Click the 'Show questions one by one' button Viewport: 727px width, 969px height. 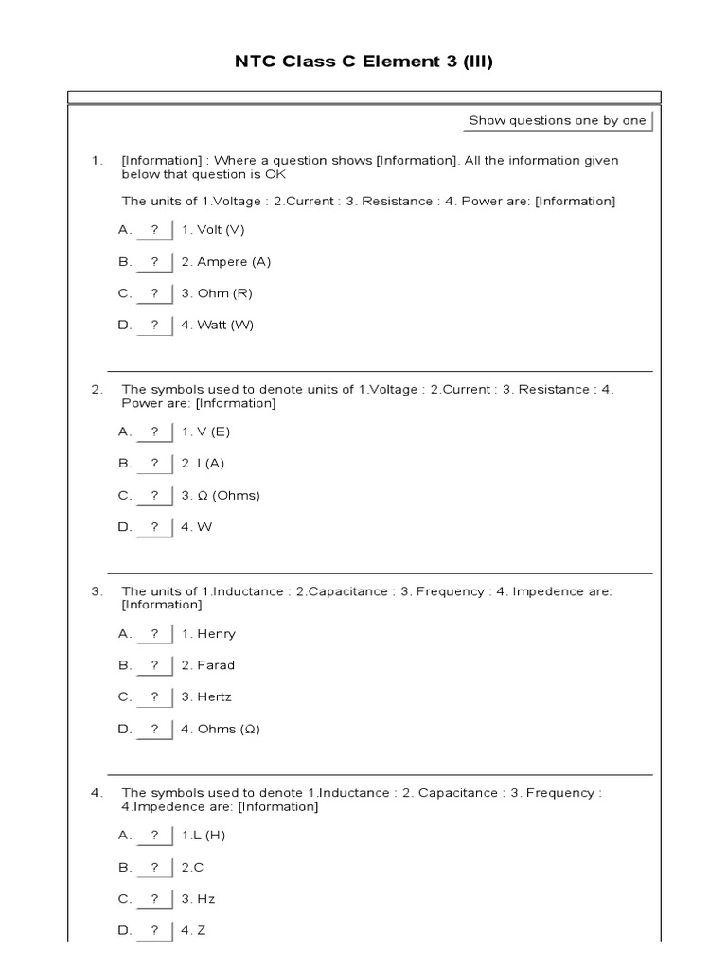(558, 120)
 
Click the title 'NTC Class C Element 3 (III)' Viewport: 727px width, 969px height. (363, 62)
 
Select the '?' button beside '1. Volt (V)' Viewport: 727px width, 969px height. (154, 230)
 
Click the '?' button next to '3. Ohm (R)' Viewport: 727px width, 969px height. (154, 293)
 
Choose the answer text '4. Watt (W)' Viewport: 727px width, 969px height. (218, 325)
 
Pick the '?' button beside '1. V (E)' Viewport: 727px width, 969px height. (154, 432)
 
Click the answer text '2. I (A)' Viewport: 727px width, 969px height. (203, 464)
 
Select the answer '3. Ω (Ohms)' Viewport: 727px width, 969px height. (221, 495)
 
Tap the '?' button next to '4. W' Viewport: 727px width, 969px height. (154, 527)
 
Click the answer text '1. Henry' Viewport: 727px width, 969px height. (208, 634)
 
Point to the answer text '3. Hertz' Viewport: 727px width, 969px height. (206, 697)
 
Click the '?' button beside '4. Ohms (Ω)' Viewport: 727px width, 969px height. (154, 729)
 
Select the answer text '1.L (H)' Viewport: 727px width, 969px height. (203, 836)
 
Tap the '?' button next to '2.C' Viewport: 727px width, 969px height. (154, 867)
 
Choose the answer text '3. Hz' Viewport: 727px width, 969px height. (198, 899)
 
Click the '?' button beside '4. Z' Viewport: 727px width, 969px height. (154, 930)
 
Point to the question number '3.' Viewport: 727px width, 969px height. (97, 591)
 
